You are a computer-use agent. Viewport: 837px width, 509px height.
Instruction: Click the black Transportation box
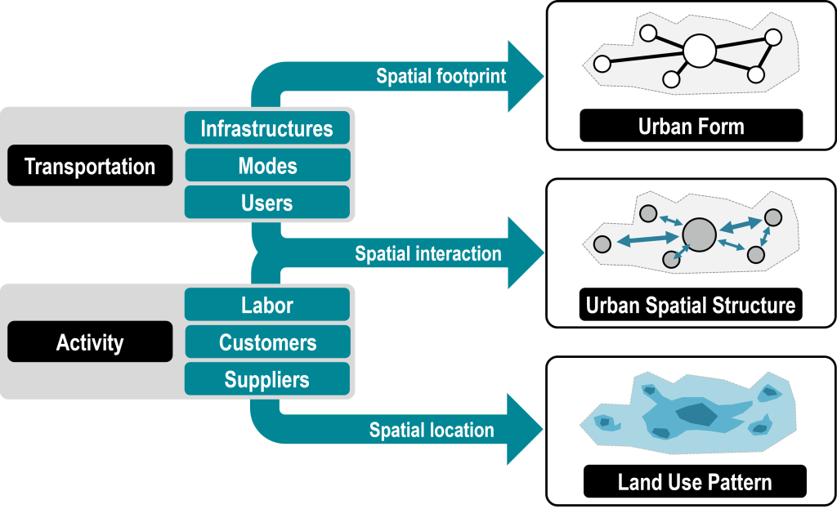pyautogui.click(x=90, y=166)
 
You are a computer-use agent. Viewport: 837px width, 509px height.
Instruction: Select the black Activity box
pyautogui.click(x=90, y=342)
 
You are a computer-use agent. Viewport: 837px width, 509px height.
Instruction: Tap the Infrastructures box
pyautogui.click(x=267, y=128)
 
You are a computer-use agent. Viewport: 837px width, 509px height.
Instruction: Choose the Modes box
pyautogui.click(x=267, y=166)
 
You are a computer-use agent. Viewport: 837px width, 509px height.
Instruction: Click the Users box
pyautogui.click(x=267, y=202)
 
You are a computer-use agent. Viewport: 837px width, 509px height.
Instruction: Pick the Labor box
pyautogui.click(x=267, y=305)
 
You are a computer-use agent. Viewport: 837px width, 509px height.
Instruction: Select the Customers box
pyautogui.click(x=267, y=342)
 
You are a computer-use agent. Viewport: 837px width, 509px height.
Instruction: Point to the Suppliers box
pyautogui.click(x=267, y=379)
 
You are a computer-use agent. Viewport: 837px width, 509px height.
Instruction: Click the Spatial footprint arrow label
pyautogui.click(x=441, y=77)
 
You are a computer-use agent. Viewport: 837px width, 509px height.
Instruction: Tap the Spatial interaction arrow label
pyautogui.click(x=428, y=253)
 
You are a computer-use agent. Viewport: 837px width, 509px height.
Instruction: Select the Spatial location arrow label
pyautogui.click(x=432, y=430)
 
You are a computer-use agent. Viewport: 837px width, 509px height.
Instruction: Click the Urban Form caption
pyautogui.click(x=692, y=127)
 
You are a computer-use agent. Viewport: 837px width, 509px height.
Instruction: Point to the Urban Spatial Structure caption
pyautogui.click(x=691, y=306)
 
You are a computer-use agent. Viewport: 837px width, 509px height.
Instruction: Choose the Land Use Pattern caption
pyautogui.click(x=695, y=482)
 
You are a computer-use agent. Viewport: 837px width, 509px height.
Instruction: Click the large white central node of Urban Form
pyautogui.click(x=699, y=51)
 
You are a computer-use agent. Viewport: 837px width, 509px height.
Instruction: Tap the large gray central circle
pyautogui.click(x=699, y=234)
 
